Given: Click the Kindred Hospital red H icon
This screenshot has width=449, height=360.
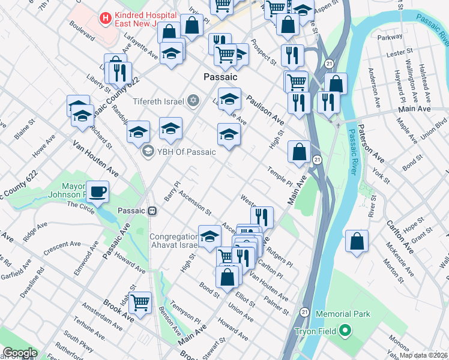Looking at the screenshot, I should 106,19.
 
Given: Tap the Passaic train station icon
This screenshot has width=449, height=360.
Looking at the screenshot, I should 154,211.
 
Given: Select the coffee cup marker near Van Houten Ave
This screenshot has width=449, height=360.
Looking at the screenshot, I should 97,193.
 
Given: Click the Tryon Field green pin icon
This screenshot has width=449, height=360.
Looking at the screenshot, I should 345,331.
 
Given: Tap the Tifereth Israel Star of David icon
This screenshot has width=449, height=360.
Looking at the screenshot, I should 193,99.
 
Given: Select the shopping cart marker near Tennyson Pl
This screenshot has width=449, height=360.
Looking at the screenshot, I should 140,302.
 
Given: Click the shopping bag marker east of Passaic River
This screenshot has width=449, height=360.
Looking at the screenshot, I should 357,242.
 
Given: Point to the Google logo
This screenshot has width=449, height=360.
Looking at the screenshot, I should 20,353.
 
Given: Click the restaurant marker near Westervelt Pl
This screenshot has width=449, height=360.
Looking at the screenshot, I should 262,217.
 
